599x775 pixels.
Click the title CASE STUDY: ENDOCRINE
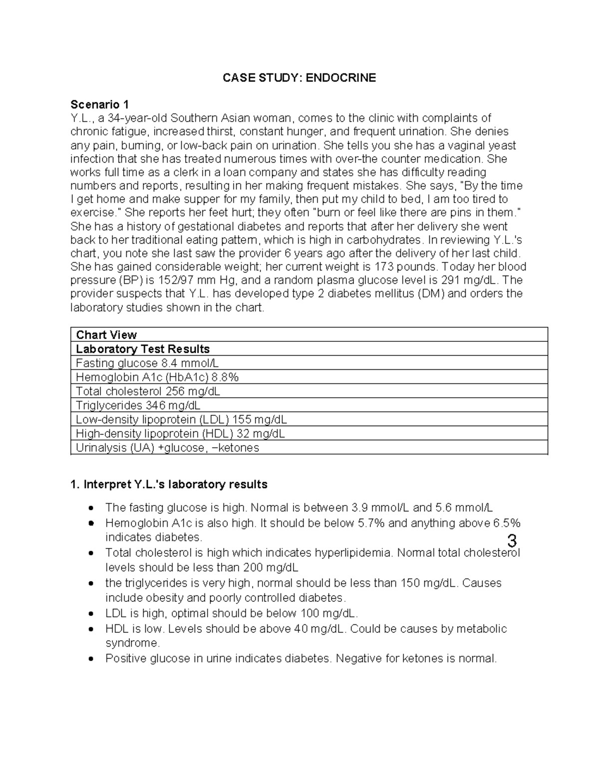pos(299,78)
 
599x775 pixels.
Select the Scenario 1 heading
pos(99,104)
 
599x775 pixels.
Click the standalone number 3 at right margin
pos(511,541)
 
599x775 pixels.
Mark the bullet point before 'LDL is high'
pos(90,614)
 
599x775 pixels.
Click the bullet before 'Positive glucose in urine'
pos(90,659)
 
